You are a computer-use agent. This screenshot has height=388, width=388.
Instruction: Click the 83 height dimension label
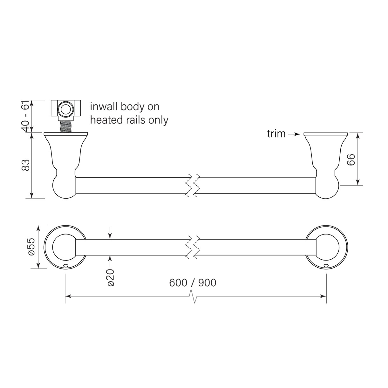pos(26,165)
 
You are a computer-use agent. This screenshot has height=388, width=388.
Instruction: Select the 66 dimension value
pos(351,160)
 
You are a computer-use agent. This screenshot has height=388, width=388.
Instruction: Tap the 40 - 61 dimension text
pos(26,116)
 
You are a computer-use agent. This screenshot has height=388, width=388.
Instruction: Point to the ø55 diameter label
pos(31,247)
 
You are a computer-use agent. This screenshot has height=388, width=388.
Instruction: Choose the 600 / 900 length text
pos(193,282)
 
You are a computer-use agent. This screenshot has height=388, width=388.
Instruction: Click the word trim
pos(276,134)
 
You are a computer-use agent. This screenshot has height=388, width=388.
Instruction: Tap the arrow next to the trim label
pos(295,134)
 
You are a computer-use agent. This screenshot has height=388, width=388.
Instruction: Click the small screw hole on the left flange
pos(65,265)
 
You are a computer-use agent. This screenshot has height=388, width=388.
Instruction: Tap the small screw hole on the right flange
pos(326,265)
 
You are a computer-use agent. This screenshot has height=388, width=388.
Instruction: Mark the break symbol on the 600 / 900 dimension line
pos(194,296)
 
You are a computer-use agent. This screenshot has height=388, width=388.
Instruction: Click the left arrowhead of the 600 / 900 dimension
pos(68,296)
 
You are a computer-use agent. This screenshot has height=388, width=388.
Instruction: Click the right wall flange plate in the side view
pos(326,134)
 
